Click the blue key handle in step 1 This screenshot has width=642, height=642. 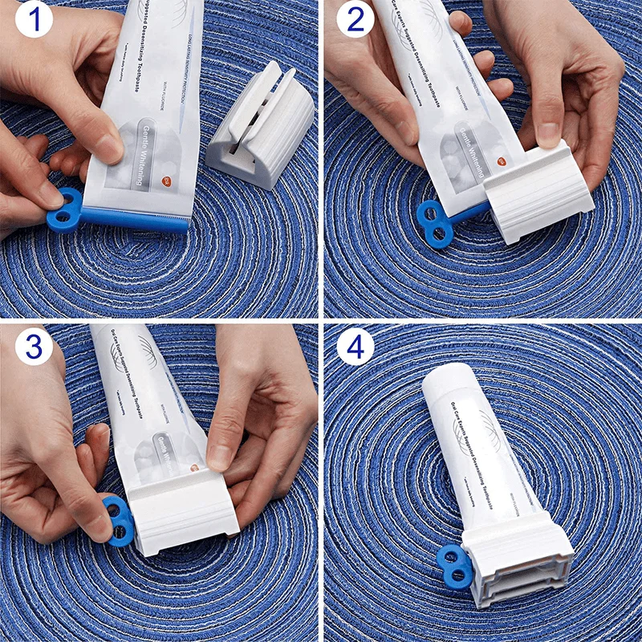point(63,209)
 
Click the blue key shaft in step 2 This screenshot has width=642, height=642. point(469,213)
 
